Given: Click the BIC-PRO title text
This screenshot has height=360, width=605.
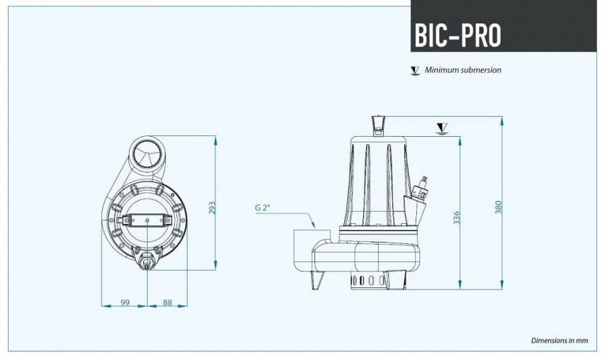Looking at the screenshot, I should [x=458, y=34].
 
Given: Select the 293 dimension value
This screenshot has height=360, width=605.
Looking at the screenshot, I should [x=212, y=207].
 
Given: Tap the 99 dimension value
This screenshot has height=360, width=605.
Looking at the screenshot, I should [x=125, y=303].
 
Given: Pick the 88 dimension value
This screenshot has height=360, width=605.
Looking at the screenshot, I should [x=167, y=303].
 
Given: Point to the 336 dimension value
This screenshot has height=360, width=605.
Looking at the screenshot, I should [x=457, y=217].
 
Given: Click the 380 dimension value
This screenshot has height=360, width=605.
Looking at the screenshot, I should [x=498, y=207].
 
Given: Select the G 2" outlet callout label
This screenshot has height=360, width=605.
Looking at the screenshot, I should [x=262, y=208].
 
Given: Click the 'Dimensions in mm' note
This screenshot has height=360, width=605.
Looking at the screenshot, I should [x=560, y=339].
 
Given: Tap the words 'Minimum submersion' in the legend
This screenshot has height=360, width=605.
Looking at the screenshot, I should [x=463, y=70].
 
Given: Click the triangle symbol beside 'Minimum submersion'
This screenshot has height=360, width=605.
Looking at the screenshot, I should [x=414, y=71].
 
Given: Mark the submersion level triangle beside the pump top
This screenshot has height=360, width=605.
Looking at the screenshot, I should [x=442, y=128].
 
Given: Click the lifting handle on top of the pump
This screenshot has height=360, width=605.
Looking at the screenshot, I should [x=378, y=125].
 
